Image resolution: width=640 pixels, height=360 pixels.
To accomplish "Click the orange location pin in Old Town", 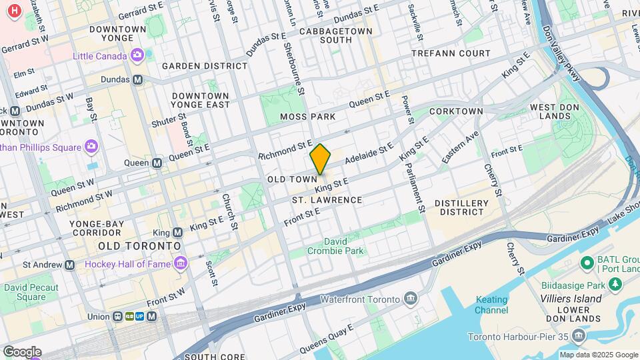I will click(x=320, y=159).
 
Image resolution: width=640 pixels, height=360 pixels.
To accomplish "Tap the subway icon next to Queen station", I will click(x=158, y=163).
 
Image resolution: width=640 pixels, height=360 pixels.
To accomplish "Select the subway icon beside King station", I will click(x=177, y=233).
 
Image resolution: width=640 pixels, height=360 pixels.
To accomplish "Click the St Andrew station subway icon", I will click(x=70, y=265).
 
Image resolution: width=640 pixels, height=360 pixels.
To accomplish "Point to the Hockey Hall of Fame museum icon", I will click(x=181, y=264).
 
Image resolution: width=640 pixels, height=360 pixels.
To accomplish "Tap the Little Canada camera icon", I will click(x=137, y=55).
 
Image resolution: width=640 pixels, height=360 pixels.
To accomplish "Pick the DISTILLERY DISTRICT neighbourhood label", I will click(x=459, y=207).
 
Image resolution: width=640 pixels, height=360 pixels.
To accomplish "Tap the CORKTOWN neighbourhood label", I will click(x=456, y=111).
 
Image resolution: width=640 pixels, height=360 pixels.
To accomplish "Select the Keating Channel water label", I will click(x=491, y=305).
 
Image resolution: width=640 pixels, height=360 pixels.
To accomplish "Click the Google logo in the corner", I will click(x=22, y=351).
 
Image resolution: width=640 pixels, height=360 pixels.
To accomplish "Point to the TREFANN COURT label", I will click(x=451, y=53).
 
